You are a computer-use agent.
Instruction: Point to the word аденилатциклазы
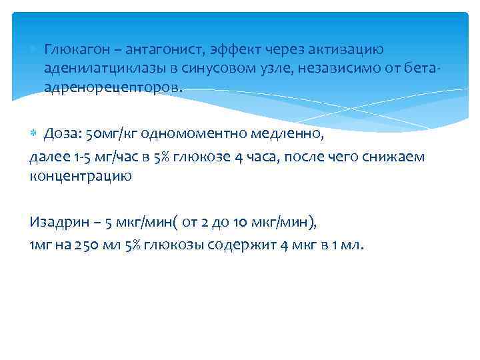click(97, 69)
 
